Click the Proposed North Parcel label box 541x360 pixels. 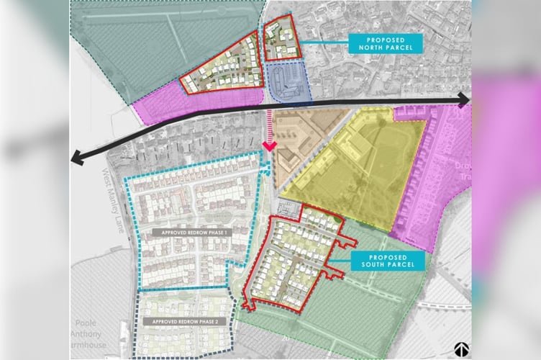pos(381,43)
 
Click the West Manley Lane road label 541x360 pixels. pos(113,195)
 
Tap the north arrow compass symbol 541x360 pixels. pos(460,348)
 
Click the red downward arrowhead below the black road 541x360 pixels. pos(269,146)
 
